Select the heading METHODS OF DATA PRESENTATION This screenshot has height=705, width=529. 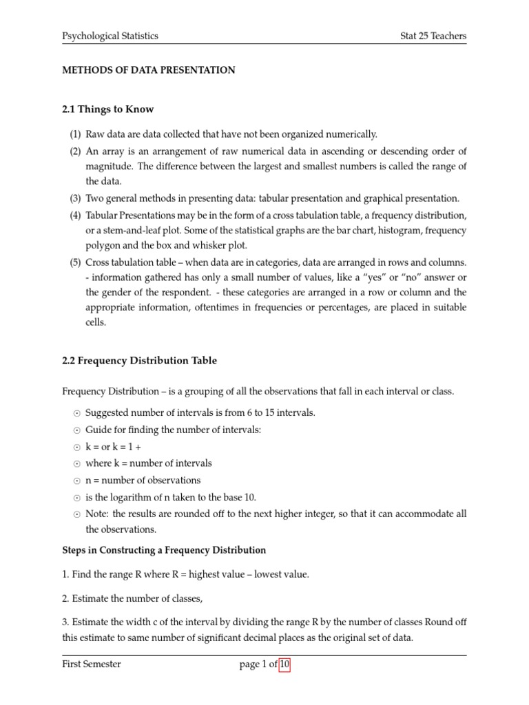pyautogui.click(x=149, y=70)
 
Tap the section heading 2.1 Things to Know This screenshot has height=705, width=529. pyautogui.click(x=108, y=109)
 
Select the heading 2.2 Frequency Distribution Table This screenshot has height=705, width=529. pyautogui.click(x=139, y=360)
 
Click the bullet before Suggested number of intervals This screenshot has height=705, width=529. pyautogui.click(x=75, y=413)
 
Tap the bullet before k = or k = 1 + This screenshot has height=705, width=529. pyautogui.click(x=75, y=447)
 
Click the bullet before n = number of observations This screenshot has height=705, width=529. pyautogui.click(x=75, y=481)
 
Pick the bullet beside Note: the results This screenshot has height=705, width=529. pyautogui.click(x=75, y=514)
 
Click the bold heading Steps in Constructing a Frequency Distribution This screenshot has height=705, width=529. pyautogui.click(x=164, y=550)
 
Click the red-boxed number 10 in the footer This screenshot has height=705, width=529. pyautogui.click(x=284, y=664)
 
